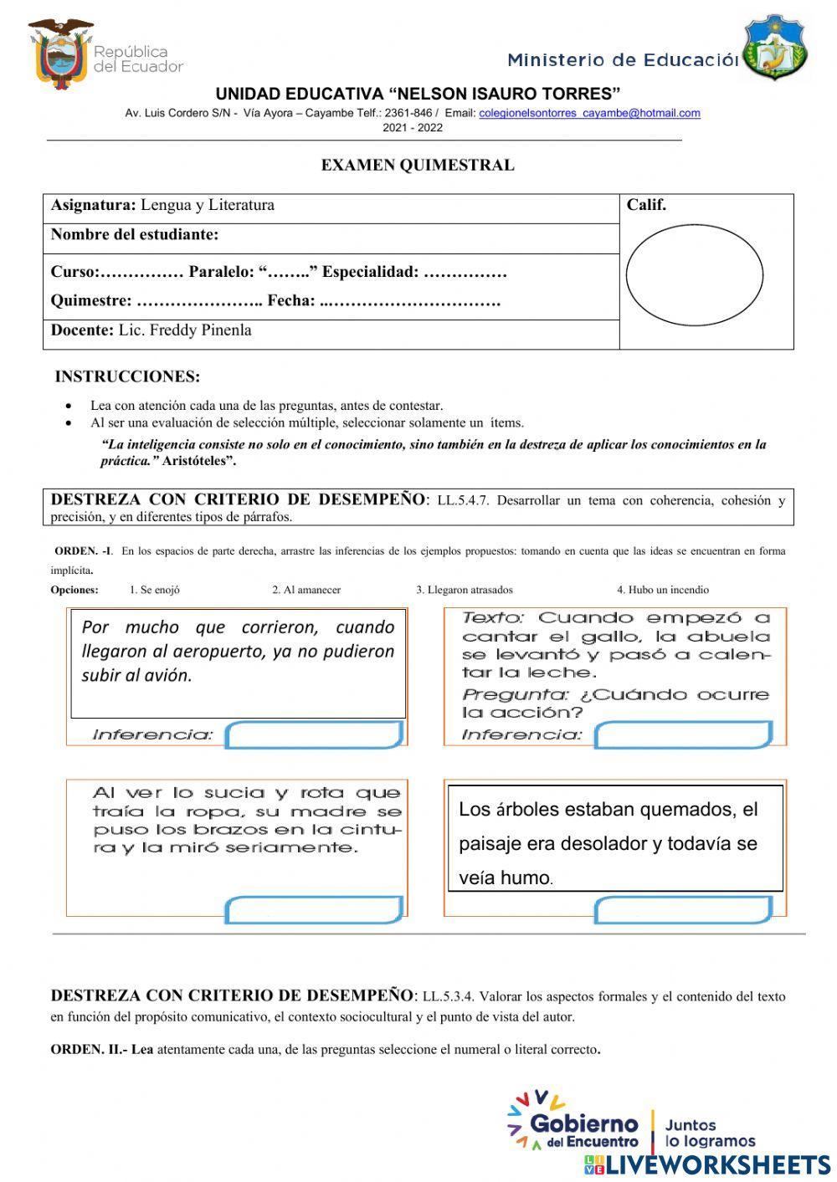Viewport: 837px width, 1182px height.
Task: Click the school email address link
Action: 589,113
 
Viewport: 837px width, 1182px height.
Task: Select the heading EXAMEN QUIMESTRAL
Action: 418,165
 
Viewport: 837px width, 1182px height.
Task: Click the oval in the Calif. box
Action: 694,274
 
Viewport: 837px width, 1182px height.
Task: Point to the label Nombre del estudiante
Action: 135,235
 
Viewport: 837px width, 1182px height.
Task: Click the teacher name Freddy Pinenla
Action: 184,330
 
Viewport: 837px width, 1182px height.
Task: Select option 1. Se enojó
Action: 155,590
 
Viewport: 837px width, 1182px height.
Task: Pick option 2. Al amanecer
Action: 306,590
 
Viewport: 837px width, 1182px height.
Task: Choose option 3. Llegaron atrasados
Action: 465,590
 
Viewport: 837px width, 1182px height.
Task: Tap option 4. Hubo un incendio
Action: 663,590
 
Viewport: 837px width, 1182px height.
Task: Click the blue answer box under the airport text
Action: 315,735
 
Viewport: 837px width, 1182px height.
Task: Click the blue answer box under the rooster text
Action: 683,735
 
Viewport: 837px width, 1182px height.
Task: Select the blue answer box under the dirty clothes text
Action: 315,909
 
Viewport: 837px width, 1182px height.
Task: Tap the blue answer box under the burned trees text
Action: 683,909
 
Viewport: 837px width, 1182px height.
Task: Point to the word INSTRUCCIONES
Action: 127,376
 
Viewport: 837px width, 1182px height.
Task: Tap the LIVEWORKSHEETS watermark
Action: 707,1165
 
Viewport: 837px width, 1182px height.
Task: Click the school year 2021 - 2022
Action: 413,128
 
